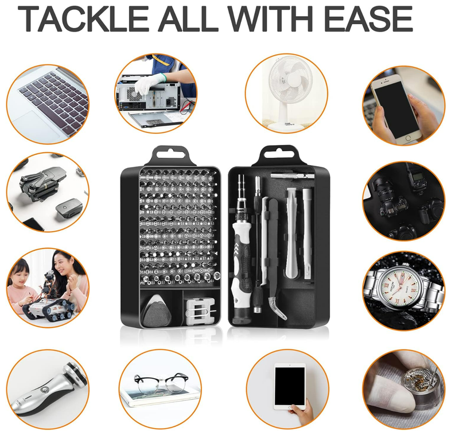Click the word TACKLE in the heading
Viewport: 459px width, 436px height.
[x=83, y=18]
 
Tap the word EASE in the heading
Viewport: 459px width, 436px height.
[x=368, y=18]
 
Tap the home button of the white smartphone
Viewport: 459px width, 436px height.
[x=409, y=138]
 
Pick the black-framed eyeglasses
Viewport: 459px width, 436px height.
[x=161, y=382]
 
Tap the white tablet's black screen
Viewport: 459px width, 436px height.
[x=290, y=384]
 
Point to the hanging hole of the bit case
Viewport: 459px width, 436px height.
[x=170, y=154]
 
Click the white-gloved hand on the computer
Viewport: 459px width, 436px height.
[x=149, y=83]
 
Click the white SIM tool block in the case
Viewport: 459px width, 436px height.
[x=200, y=312]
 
